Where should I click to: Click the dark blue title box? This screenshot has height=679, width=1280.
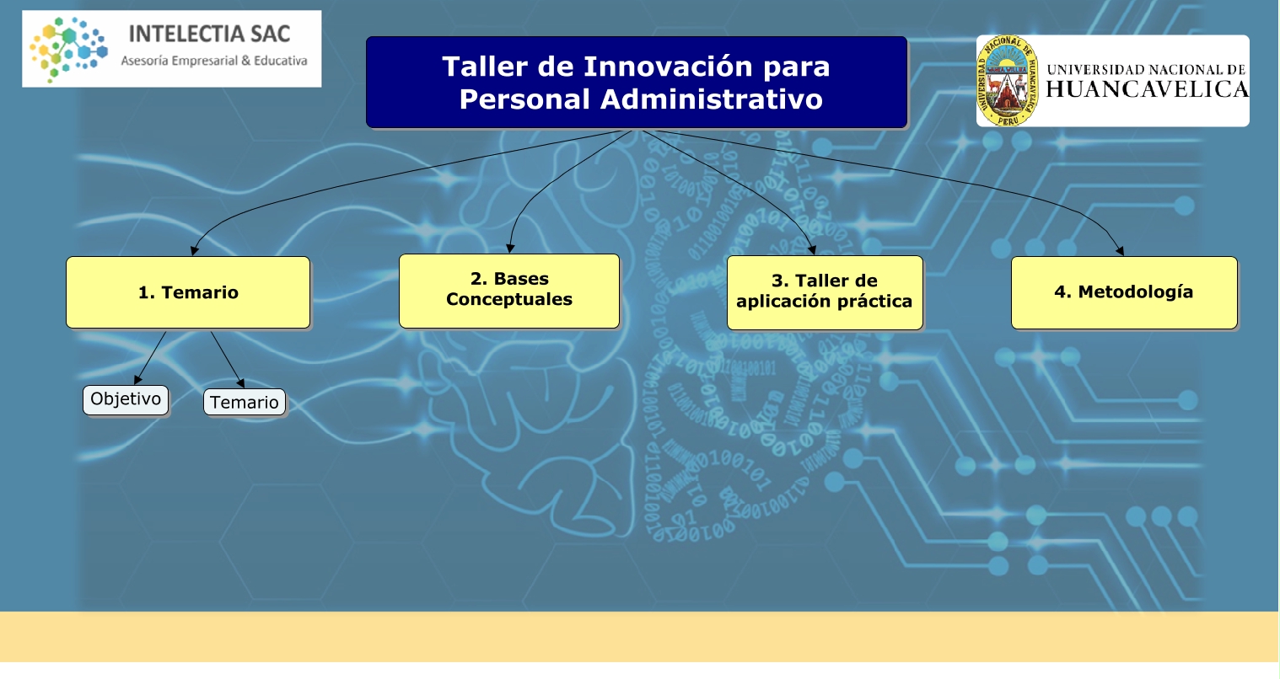point(637,83)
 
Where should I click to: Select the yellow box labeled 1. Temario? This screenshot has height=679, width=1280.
point(188,292)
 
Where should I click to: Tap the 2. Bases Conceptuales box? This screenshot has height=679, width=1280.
point(509,291)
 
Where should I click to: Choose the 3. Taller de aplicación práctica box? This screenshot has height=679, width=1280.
point(825,292)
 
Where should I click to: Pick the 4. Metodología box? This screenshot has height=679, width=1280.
point(1124,292)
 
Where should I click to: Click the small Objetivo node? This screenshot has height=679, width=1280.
point(126,400)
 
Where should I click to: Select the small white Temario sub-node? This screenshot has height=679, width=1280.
point(245,402)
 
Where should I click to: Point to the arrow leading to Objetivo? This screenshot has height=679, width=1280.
point(150,358)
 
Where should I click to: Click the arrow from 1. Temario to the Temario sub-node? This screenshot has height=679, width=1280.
point(228,360)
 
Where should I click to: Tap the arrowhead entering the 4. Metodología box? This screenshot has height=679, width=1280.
point(1121,251)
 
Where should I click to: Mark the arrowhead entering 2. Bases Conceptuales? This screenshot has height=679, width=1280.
point(509,249)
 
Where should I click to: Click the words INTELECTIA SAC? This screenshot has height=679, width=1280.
point(209,34)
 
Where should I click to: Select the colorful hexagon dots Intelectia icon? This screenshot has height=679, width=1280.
point(68,50)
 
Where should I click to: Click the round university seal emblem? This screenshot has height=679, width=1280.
point(1007,81)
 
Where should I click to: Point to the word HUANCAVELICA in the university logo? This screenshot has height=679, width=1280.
point(1147,89)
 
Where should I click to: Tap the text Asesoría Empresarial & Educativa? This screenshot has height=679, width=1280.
point(213,61)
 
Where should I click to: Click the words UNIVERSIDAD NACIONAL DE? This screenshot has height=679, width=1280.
point(1146,70)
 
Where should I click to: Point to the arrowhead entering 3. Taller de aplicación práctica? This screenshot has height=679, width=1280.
point(812,250)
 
